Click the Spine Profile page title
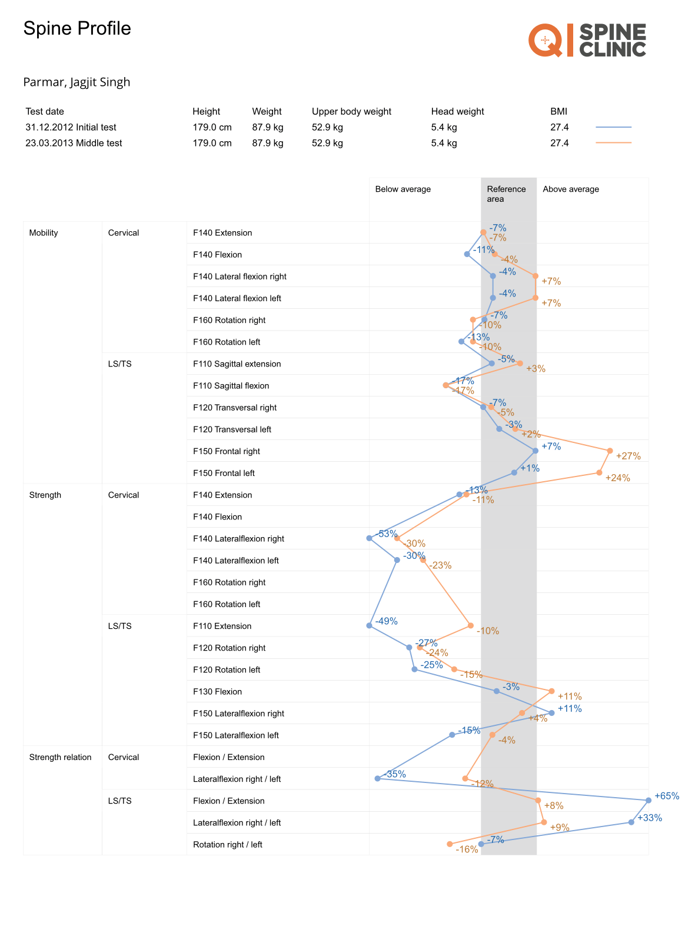click(77, 29)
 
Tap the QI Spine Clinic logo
click(587, 41)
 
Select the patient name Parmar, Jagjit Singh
click(77, 82)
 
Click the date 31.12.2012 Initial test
click(71, 128)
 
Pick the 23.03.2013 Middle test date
click(74, 144)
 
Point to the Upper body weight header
click(351, 112)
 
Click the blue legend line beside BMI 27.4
click(613, 127)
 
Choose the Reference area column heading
click(506, 194)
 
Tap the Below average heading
click(403, 189)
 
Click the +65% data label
click(667, 796)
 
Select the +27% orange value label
click(628, 456)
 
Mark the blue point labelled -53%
click(370, 538)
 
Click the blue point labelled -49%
click(370, 625)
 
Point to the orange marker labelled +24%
click(599, 472)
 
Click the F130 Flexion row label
click(217, 692)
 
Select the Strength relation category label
click(60, 758)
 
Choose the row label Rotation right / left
click(227, 845)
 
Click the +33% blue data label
click(650, 818)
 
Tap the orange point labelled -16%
click(450, 844)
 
